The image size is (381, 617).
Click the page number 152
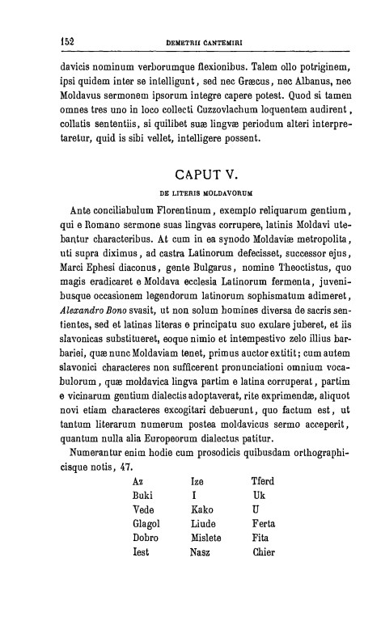pyautogui.click(x=67, y=38)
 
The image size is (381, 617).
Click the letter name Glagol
pyautogui.click(x=147, y=524)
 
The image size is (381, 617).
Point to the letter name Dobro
pyautogui.click(x=146, y=539)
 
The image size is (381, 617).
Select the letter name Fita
pyautogui.click(x=261, y=539)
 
